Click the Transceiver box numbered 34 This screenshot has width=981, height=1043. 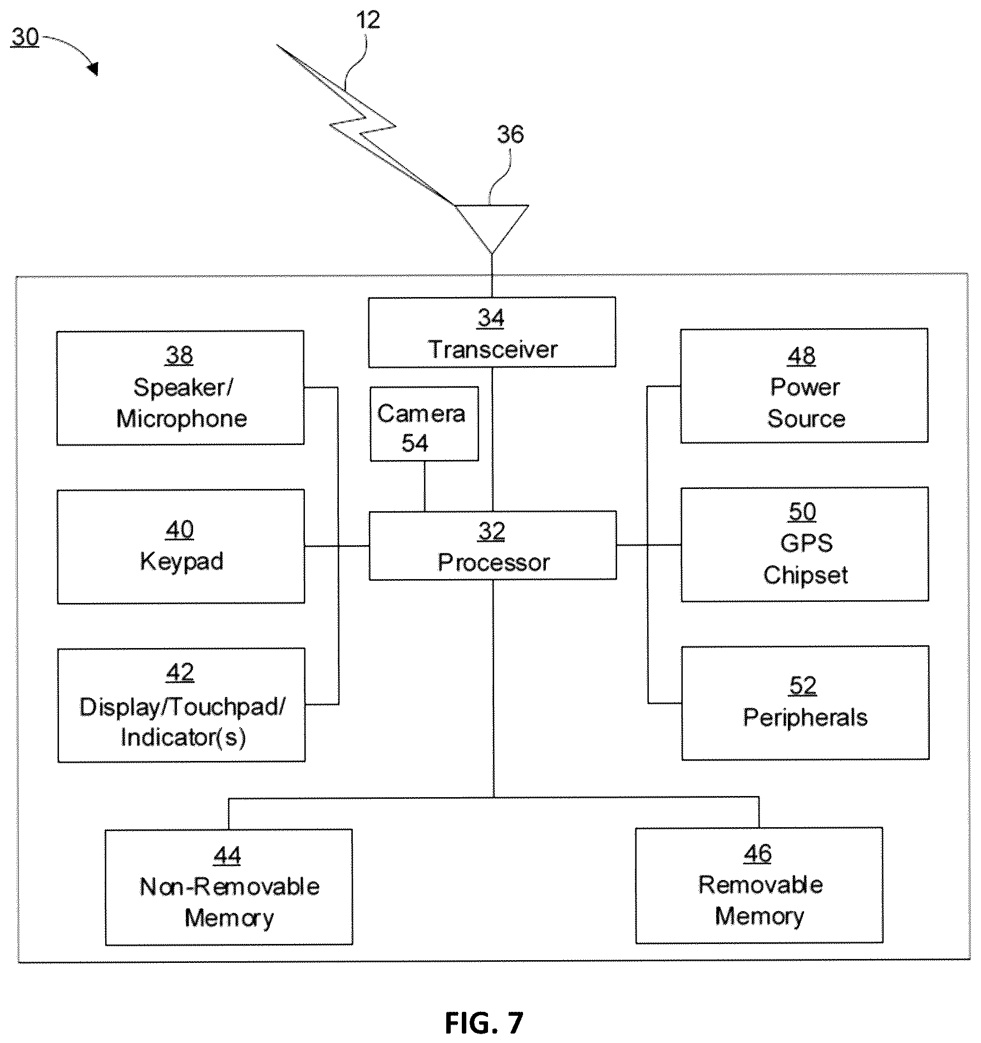pos(492,332)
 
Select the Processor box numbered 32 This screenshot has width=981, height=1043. pos(492,546)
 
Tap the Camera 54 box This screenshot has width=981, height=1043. pos(424,424)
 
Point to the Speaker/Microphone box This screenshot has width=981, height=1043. pos(180,388)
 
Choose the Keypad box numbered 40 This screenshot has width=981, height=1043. pos(181,546)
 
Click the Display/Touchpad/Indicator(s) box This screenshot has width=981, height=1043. pos(181,705)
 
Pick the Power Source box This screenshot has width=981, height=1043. pos(804,385)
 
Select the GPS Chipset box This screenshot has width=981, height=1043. pos(805,544)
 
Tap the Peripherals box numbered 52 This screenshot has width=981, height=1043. pos(805,703)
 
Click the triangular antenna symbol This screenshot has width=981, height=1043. pos(492,229)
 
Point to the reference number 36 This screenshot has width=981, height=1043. pos(510,135)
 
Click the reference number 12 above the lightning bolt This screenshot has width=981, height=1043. pos(368,21)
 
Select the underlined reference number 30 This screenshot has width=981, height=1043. pos(25,37)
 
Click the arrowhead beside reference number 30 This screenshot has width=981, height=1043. pos(93,69)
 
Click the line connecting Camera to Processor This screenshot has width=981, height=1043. pos(425,486)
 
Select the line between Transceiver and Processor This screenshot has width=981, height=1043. pos(492,439)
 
